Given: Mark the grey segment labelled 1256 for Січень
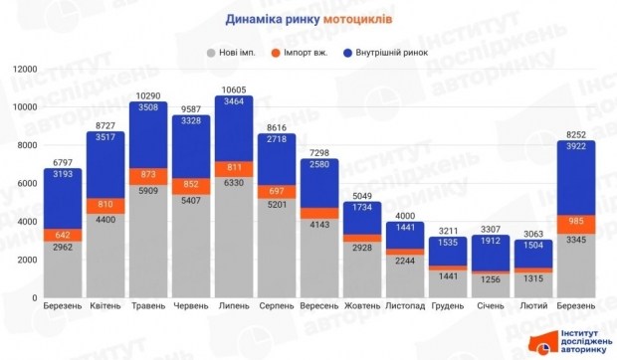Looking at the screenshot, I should (492, 280).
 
